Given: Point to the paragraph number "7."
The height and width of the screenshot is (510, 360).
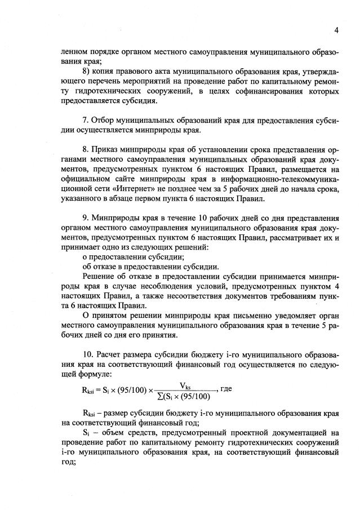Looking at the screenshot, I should pos(86,120).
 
